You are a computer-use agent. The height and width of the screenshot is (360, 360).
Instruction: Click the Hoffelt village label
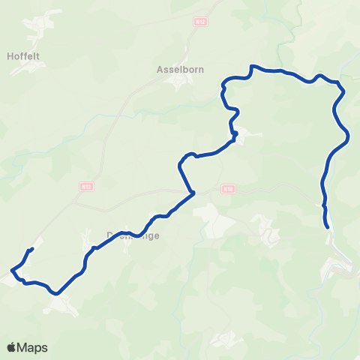pos(22,55)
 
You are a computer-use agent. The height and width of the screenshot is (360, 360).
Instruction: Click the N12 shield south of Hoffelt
pos(85,185)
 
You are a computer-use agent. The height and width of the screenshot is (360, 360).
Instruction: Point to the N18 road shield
pos(227,190)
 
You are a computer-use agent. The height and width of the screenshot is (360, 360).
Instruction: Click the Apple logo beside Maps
pos(11,347)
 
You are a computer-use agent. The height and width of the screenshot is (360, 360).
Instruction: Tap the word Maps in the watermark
pos(33,347)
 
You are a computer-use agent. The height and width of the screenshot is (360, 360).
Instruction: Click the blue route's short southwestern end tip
pos(32,248)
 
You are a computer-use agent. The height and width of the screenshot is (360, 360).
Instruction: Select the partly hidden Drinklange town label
pos(133,235)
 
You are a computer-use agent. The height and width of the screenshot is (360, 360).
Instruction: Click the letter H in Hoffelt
pos(10,55)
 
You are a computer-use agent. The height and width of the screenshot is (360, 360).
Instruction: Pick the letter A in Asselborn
pos(160,70)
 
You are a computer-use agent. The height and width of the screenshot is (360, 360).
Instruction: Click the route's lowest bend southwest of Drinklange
pos(56,294)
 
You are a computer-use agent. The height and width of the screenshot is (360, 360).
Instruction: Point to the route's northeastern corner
pos(341,85)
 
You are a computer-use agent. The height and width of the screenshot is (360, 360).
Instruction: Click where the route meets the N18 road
pos(193,193)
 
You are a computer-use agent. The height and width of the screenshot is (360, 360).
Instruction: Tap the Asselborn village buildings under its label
pos(178,81)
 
